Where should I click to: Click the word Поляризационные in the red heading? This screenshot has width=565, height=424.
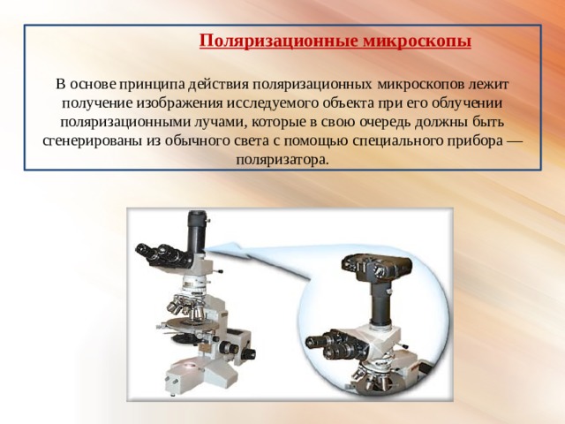[x=279, y=41]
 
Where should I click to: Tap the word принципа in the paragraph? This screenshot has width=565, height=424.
[x=153, y=85]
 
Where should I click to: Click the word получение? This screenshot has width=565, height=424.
[x=97, y=104]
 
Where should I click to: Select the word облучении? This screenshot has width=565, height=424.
[x=467, y=103]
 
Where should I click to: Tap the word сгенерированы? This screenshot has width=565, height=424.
[x=92, y=141]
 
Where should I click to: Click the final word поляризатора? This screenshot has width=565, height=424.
[x=282, y=160]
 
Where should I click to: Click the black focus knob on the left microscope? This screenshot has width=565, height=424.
[x=249, y=353]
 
